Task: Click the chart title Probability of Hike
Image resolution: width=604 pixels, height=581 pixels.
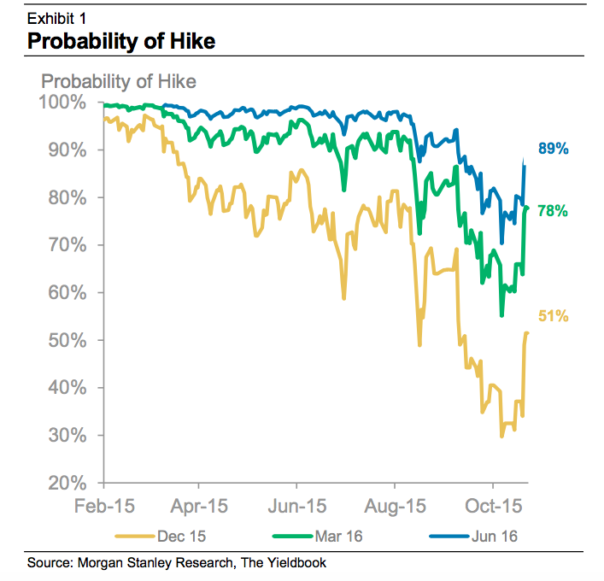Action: tap(121, 40)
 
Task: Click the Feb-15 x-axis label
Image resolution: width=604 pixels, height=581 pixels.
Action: tap(105, 505)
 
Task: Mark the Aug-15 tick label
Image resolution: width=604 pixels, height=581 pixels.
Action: tap(396, 505)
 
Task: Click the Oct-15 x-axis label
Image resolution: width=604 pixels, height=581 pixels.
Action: tap(493, 505)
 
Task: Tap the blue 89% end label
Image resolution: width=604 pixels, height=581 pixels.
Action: tap(553, 150)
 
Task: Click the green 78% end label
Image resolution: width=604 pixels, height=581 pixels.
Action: tap(553, 210)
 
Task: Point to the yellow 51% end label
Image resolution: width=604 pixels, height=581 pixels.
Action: tap(553, 316)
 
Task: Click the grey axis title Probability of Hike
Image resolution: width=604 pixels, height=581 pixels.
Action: tap(119, 82)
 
